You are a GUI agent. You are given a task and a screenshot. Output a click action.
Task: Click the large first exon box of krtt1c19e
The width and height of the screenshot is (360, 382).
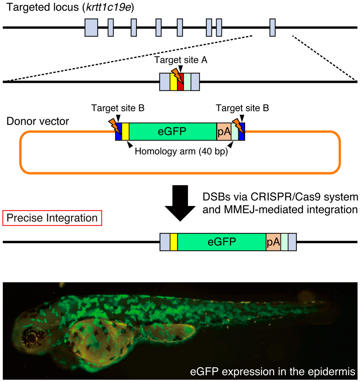pos(91,27)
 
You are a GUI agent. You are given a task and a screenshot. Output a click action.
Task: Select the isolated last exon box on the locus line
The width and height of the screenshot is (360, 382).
pos(272,27)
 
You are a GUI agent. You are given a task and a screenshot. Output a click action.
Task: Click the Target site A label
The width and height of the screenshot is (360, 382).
pos(181,60)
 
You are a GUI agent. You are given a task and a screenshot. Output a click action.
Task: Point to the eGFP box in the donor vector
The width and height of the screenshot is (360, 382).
pos(172,131)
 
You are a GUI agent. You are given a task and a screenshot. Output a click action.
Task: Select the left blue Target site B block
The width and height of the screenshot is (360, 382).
pos(118,131)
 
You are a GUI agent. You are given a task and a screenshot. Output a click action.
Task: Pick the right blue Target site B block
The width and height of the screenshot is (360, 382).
pos(242,131)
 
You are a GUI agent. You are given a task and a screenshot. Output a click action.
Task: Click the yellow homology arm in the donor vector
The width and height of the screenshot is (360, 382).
pos(126,131)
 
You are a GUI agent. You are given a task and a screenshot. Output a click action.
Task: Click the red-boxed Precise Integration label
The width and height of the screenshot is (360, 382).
pos(52,218)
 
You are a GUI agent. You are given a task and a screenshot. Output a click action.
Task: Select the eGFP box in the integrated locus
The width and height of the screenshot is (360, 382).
pos(221,242)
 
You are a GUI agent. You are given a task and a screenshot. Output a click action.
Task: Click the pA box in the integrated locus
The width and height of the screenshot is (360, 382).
pos(273,242)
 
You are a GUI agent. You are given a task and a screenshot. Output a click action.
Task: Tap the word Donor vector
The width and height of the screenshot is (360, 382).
pos(38,121)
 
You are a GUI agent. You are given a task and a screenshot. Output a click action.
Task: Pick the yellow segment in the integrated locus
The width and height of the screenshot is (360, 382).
pos(174,242)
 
